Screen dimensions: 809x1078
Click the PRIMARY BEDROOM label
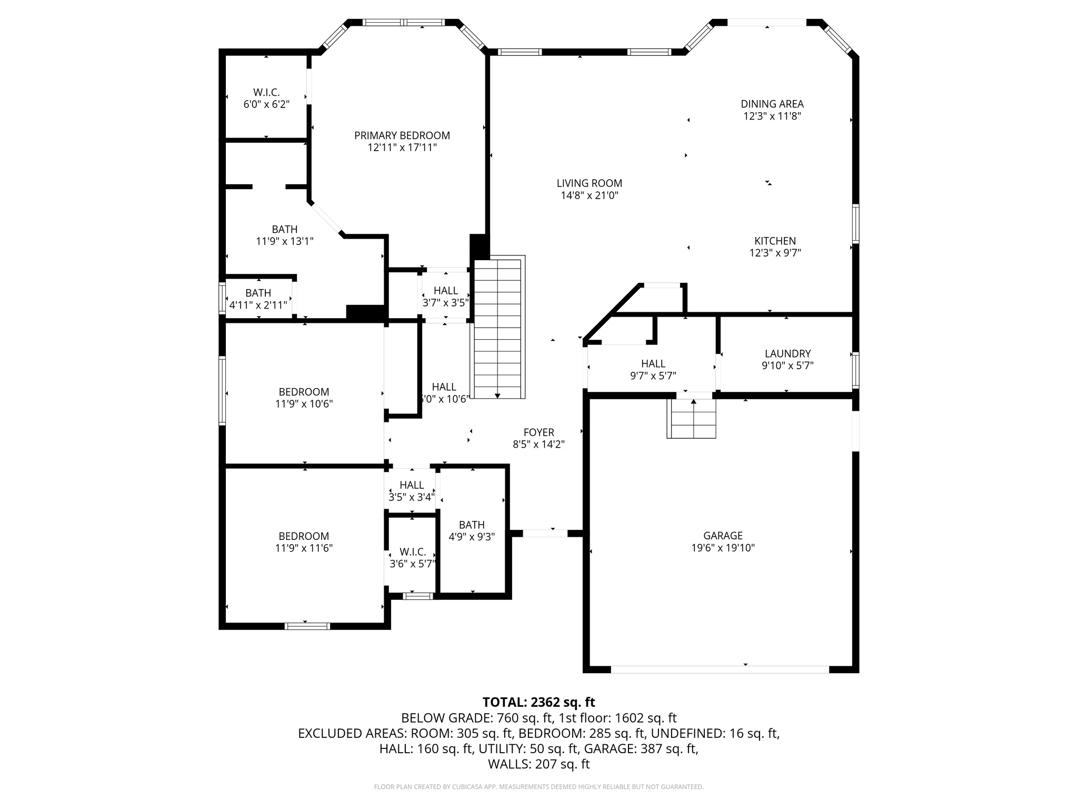point(402,135)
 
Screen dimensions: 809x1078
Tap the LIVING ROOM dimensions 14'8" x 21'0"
point(589,195)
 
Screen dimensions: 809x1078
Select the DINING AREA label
point(772,104)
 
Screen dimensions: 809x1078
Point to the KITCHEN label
point(775,241)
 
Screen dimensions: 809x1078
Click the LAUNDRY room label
point(787,354)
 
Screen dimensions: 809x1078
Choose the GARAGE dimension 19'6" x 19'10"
point(723,548)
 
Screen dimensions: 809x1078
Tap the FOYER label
point(538,432)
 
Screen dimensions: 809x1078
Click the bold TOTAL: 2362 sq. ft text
point(538,702)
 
